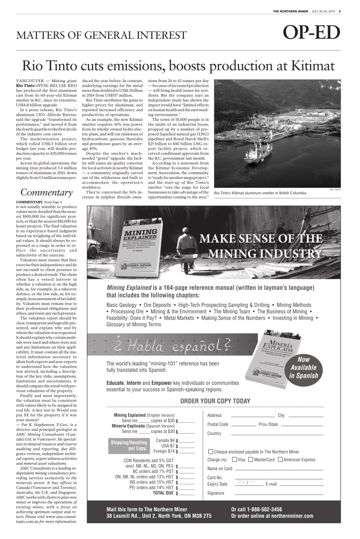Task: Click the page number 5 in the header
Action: (x=339, y=11)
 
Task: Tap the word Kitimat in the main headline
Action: (x=309, y=66)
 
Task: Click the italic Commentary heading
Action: (x=46, y=193)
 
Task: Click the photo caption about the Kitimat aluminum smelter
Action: (x=260, y=193)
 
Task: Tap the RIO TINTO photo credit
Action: (x=335, y=190)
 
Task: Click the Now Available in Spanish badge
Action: (x=304, y=367)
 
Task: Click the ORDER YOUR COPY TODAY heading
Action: (x=215, y=401)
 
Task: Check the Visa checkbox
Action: (x=235, y=460)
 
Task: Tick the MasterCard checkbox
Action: (x=251, y=460)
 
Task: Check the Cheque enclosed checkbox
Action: (x=211, y=452)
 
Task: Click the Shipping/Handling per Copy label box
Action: (x=129, y=446)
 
